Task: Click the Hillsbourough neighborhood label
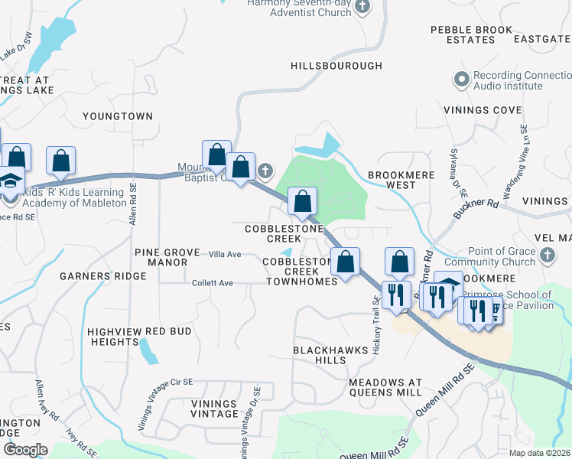coord(336,67)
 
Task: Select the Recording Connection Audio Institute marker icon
coord(461,79)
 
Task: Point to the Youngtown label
coord(119,116)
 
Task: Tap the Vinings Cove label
coord(483,110)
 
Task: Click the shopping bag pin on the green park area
coord(303,202)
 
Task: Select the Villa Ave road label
coord(225,254)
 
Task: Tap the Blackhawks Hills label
coord(325,355)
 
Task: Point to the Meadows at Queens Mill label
coord(385,387)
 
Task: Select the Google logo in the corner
coord(25,449)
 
